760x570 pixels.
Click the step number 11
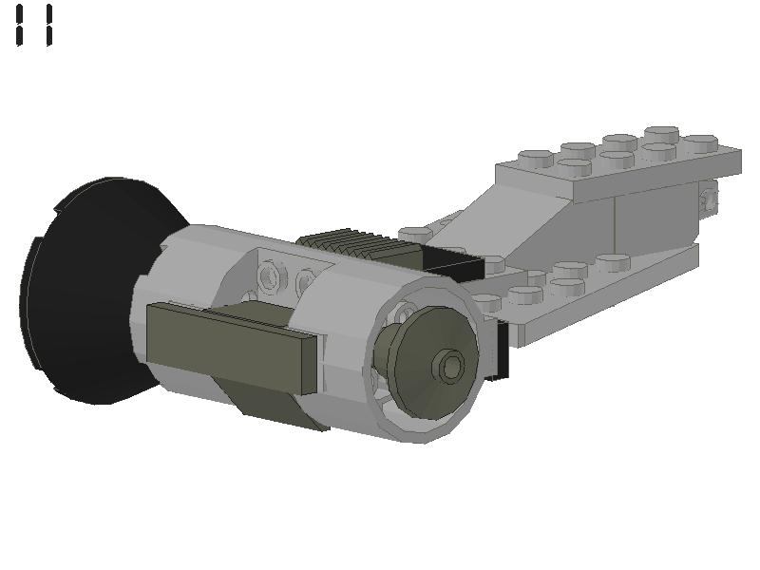coord(34,25)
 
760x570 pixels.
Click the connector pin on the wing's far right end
coord(708,199)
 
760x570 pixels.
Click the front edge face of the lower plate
coord(608,294)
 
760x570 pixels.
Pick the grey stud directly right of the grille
coord(416,234)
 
